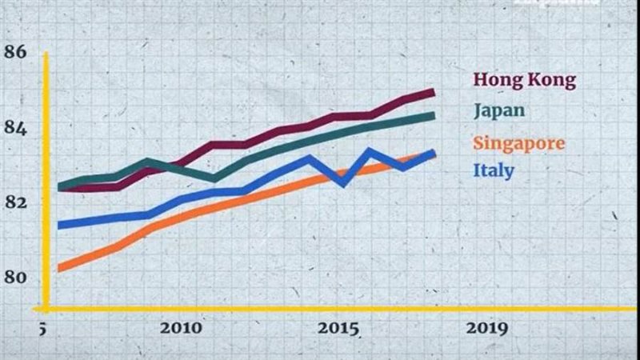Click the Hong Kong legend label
click(x=524, y=80)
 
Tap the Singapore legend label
click(x=518, y=143)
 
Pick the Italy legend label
click(x=494, y=170)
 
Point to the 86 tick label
click(x=15, y=52)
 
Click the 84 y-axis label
click(x=15, y=128)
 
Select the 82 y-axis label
click(x=15, y=202)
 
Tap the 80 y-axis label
click(x=15, y=278)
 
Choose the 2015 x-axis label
click(x=337, y=329)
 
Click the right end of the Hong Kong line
click(x=433, y=92)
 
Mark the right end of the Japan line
click(x=433, y=116)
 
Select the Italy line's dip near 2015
click(x=345, y=182)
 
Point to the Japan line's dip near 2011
click(x=214, y=178)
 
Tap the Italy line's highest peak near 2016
click(x=370, y=150)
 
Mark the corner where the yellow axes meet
click(x=46, y=308)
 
